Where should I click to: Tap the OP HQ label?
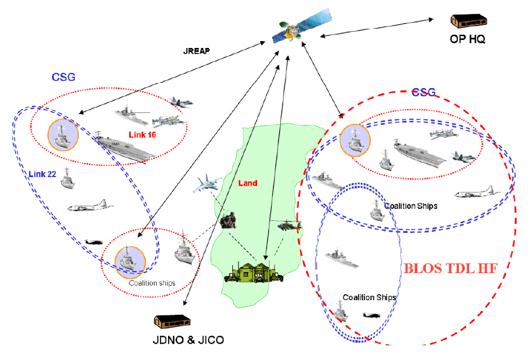coord(467,39)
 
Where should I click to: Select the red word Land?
coord(248,183)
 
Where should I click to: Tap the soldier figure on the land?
coord(228,219)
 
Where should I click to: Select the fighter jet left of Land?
coord(206,185)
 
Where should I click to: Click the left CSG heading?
coord(63,77)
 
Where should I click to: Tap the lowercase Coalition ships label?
coord(152,283)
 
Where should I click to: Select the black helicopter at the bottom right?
coord(372,315)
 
